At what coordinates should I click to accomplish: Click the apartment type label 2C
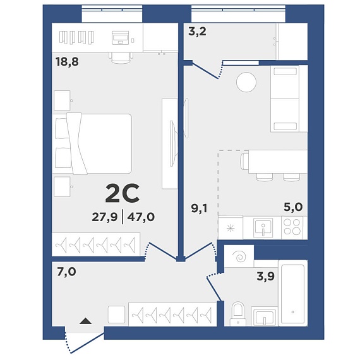(x=122, y=193)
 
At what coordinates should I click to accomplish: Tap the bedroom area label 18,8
(x=67, y=61)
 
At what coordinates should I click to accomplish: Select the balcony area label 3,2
(x=197, y=32)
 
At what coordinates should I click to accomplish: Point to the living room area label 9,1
(x=199, y=208)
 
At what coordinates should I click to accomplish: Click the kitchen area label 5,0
(x=293, y=207)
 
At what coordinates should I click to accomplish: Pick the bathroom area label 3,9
(x=266, y=276)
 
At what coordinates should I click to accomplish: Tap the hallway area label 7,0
(x=66, y=272)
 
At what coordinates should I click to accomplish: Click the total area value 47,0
(x=141, y=217)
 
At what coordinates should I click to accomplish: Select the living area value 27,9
(x=105, y=217)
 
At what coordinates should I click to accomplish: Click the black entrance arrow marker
(x=86, y=321)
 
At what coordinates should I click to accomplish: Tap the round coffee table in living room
(x=246, y=82)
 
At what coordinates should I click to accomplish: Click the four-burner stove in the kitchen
(x=292, y=227)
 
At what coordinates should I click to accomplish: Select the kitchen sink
(x=263, y=228)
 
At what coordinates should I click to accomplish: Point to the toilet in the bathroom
(x=238, y=314)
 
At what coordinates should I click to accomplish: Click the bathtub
(x=292, y=293)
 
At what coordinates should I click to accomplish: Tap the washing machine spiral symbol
(x=239, y=256)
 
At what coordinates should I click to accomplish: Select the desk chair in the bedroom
(x=121, y=57)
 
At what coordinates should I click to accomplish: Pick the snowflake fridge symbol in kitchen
(x=231, y=229)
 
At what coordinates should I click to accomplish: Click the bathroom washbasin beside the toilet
(x=264, y=316)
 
